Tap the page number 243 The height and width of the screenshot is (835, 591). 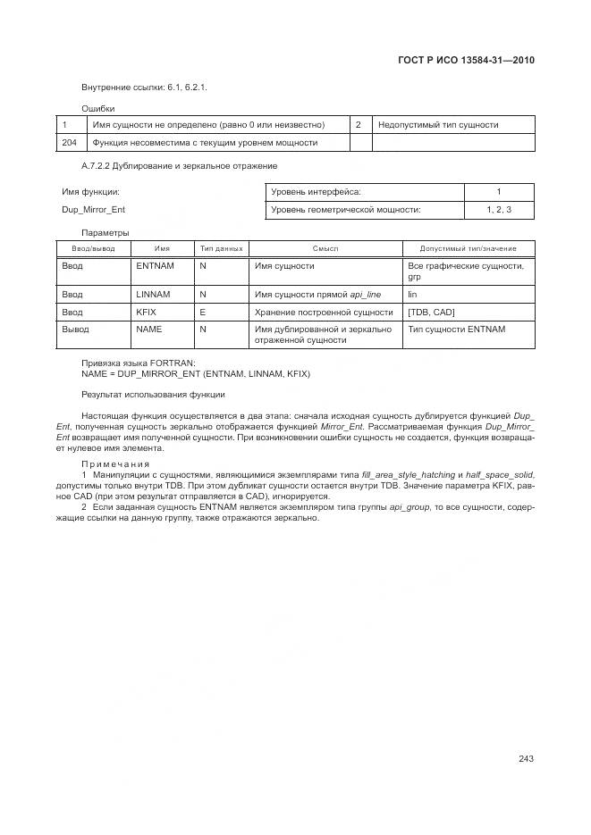(x=526, y=759)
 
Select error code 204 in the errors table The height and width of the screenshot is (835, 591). (x=69, y=142)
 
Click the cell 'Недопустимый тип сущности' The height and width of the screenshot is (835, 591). (x=438, y=125)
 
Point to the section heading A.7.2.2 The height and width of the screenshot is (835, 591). (x=179, y=166)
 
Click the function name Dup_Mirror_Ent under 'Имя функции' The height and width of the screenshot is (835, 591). (x=93, y=209)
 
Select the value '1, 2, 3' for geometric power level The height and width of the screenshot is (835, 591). (x=499, y=209)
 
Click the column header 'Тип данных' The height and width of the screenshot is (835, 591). (x=221, y=248)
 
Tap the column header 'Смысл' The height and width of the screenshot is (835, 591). (x=325, y=248)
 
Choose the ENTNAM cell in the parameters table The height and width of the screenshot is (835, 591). (x=155, y=266)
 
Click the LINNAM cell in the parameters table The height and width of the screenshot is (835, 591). (x=153, y=294)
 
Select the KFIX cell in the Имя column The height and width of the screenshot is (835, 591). (x=146, y=312)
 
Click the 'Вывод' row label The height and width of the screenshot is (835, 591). (x=75, y=330)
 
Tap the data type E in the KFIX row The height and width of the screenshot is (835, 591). (x=202, y=312)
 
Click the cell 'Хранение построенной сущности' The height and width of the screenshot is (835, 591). (x=324, y=312)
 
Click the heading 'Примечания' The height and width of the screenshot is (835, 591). (x=115, y=463)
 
